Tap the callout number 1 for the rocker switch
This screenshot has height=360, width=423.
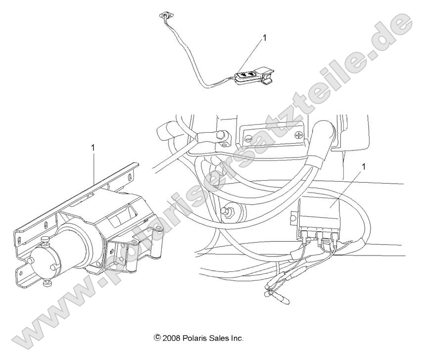click(x=264, y=37)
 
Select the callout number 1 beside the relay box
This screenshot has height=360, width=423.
click(x=365, y=167)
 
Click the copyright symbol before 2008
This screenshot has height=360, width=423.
click(x=158, y=339)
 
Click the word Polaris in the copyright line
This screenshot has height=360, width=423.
click(x=194, y=339)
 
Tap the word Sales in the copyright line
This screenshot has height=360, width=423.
click(x=219, y=339)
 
